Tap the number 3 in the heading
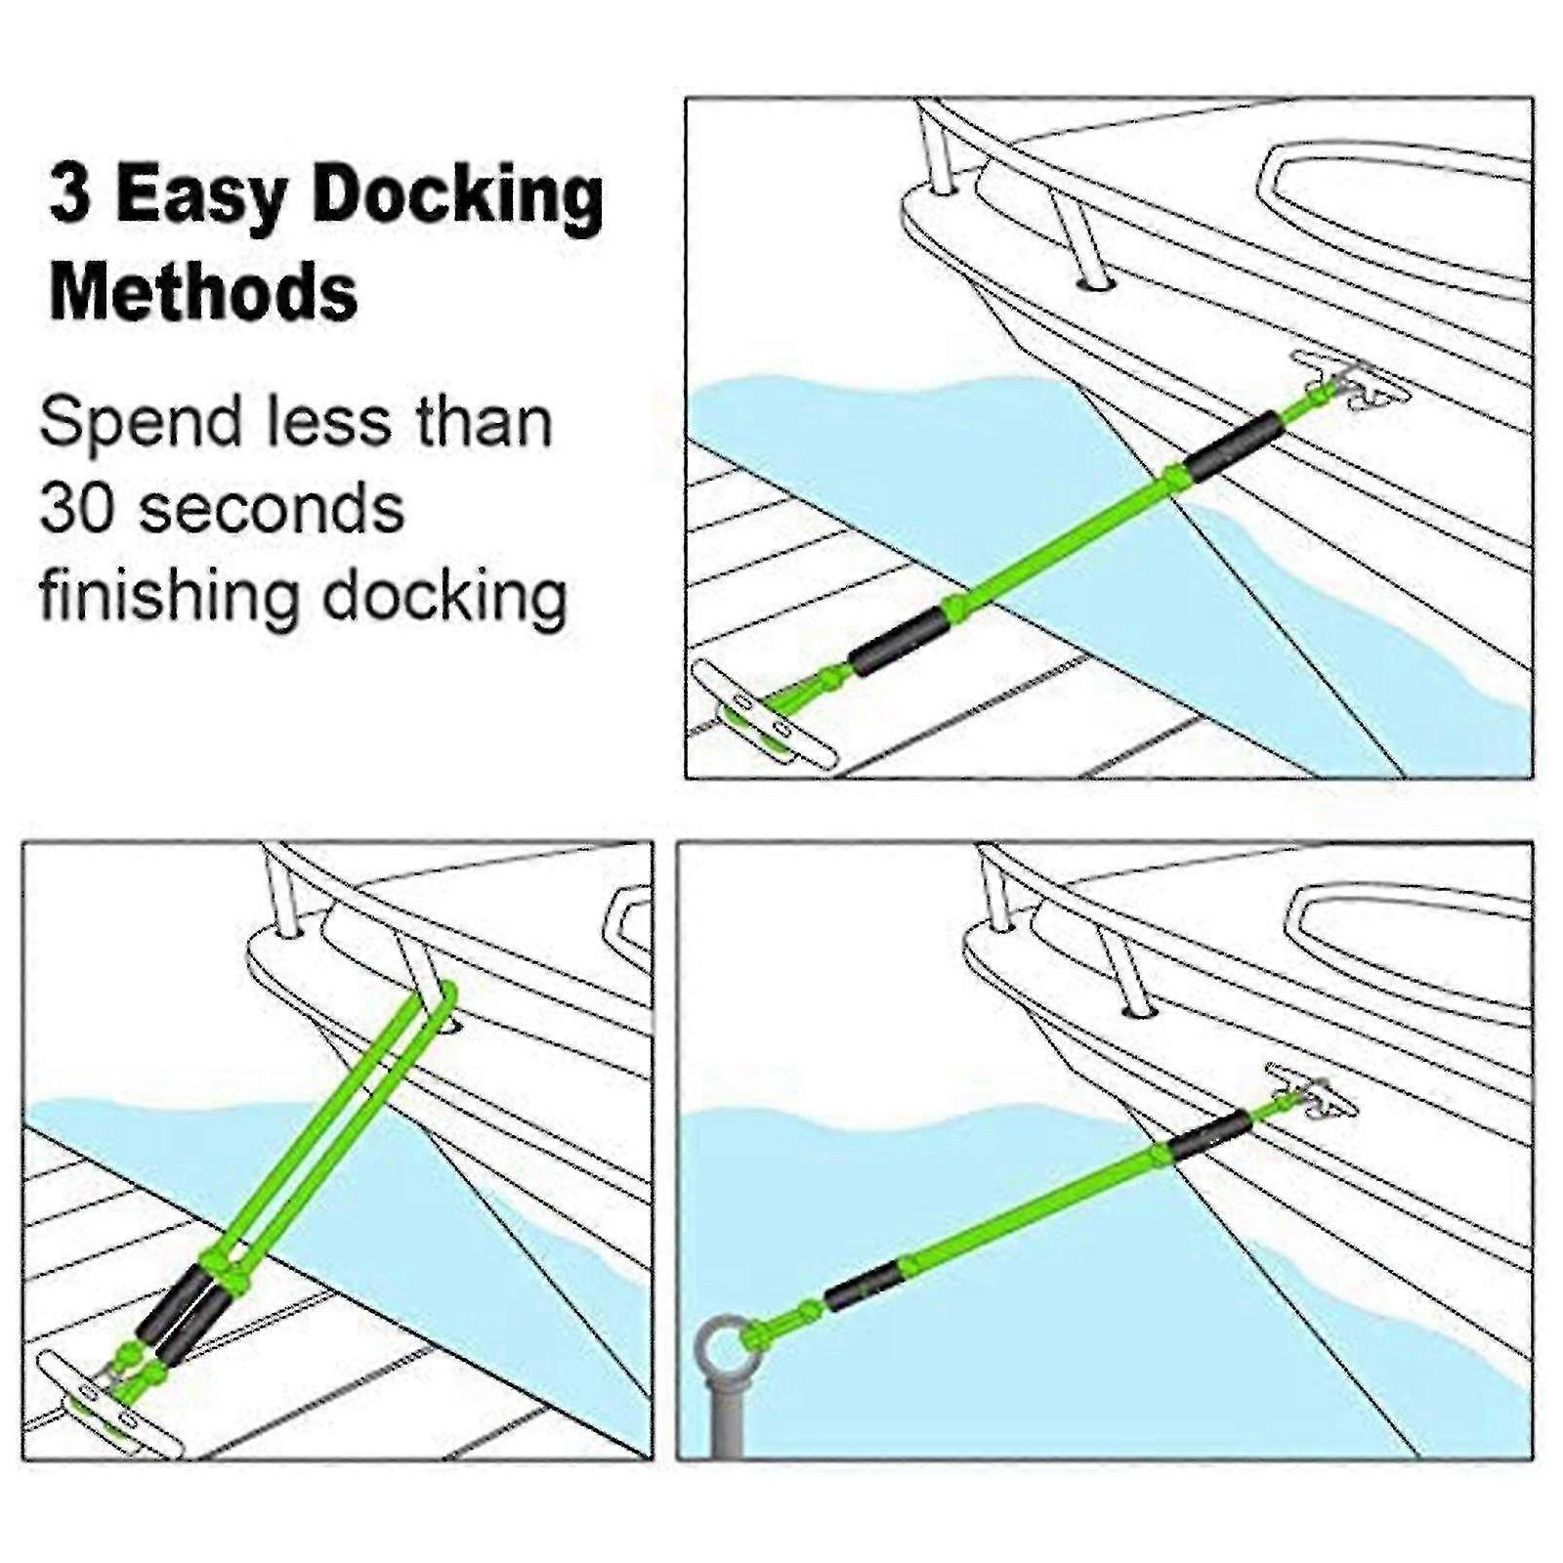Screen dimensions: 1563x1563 click(70, 195)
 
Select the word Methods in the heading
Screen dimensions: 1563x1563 click(203, 291)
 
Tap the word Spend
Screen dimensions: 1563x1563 click(141, 422)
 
